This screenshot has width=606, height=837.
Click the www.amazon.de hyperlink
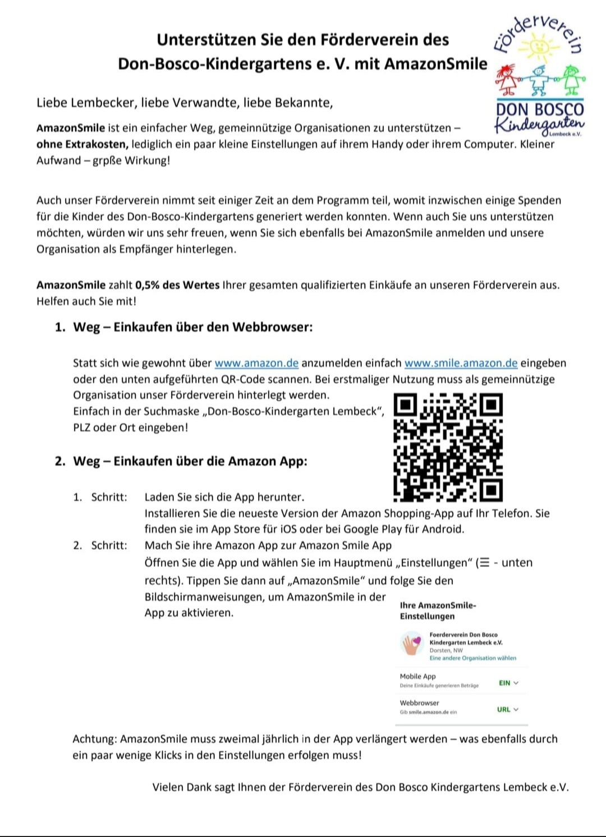[256, 363]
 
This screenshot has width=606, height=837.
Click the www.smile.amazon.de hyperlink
[461, 363]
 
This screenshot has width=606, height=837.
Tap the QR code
[448, 447]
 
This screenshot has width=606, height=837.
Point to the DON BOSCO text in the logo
[539, 109]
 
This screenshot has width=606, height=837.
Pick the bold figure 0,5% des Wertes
[177, 285]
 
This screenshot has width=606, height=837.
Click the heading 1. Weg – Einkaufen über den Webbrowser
[184, 327]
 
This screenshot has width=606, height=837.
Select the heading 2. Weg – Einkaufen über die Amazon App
[181, 461]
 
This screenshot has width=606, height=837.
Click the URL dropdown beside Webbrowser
[507, 709]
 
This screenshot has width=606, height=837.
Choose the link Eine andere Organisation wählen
[472, 658]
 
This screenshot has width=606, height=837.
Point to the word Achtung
[94, 739]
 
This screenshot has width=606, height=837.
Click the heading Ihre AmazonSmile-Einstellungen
[438, 610]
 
